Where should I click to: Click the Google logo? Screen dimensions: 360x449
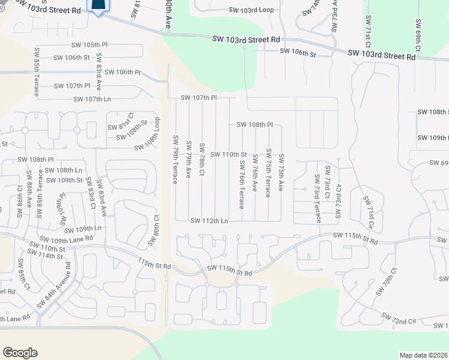pos(20,353)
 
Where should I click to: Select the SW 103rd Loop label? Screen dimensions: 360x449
pos(250,10)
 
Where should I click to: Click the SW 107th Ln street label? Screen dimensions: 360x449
pos(92,99)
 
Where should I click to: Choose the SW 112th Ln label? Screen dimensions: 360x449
pos(209,221)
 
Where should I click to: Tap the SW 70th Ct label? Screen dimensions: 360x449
pos(387,282)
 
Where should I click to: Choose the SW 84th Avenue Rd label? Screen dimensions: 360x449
pos(54,285)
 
